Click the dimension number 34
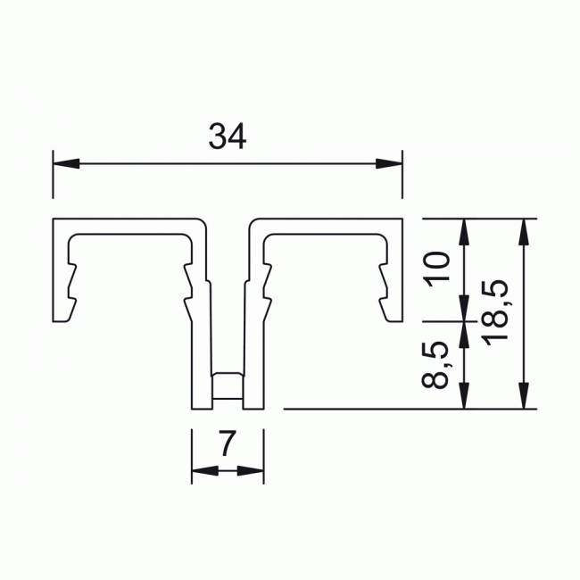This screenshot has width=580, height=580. click(228, 137)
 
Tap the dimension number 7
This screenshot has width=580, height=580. click(228, 443)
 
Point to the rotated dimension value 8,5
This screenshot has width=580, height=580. click(435, 364)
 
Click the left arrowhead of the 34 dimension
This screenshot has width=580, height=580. click(66, 163)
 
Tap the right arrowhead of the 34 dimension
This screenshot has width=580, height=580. click(389, 163)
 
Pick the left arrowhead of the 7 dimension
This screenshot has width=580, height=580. click(205, 471)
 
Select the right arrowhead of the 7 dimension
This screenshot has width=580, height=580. click(251, 471)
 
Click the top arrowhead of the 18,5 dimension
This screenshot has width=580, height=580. click(524, 232)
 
